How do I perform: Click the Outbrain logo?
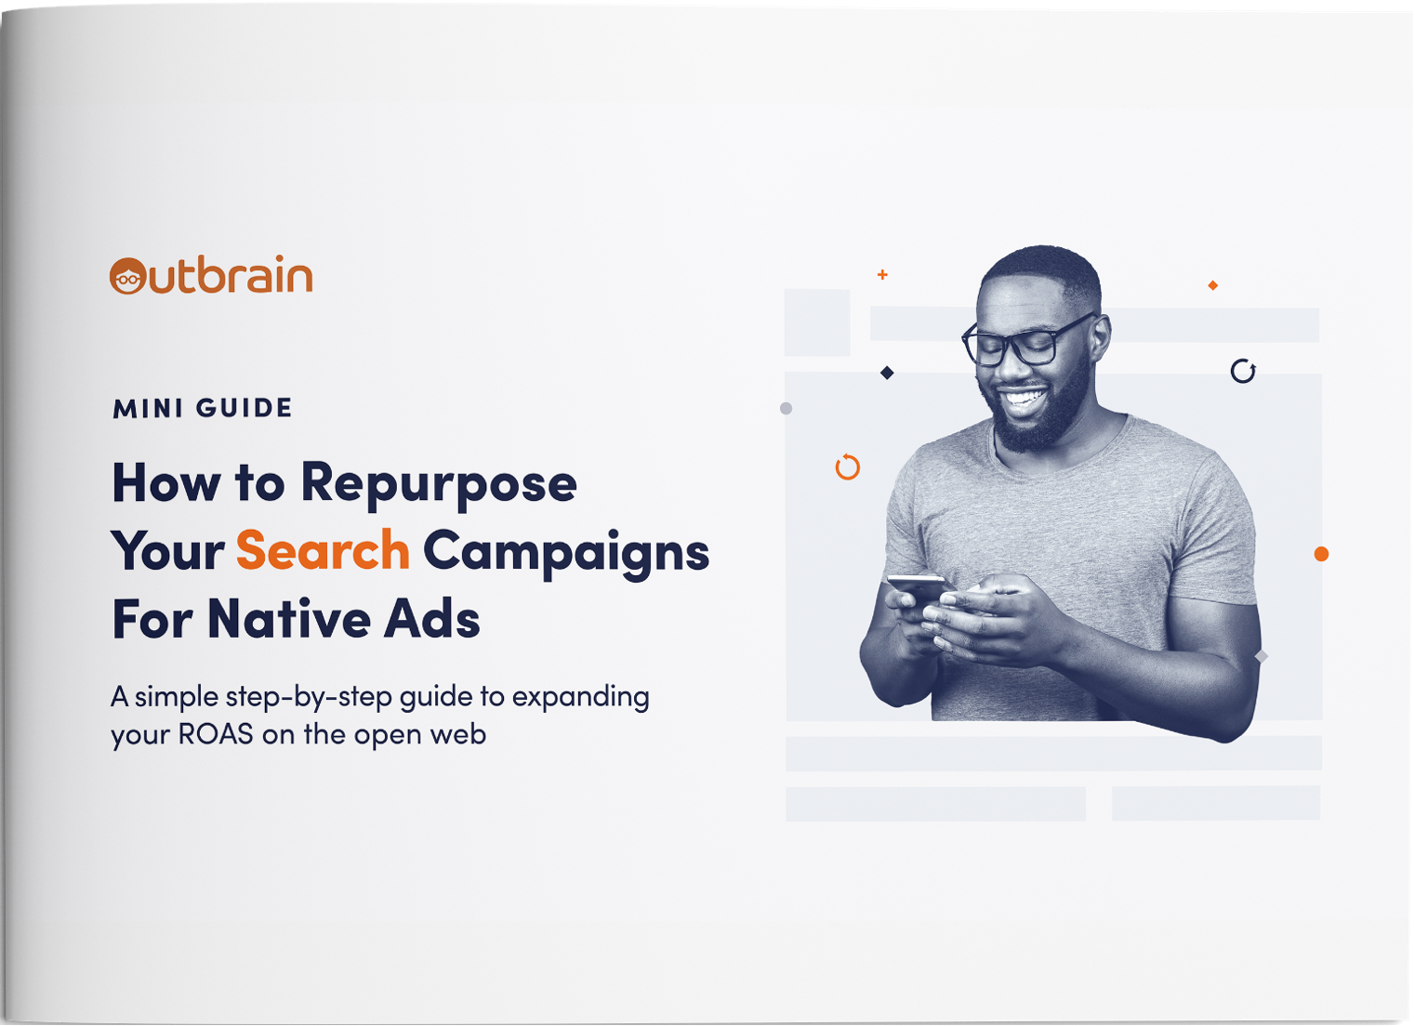(x=211, y=275)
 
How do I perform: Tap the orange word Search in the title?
(x=323, y=550)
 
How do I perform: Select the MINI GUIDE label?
(x=202, y=409)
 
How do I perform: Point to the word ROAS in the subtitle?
(x=216, y=734)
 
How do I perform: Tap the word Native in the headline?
(x=289, y=619)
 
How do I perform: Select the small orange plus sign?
(x=882, y=275)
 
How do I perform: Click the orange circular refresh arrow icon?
(x=848, y=467)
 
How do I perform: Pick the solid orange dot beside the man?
(x=1321, y=554)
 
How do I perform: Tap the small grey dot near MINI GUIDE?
(x=786, y=409)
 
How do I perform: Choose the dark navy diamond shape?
(x=887, y=374)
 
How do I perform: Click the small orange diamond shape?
(x=1213, y=285)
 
